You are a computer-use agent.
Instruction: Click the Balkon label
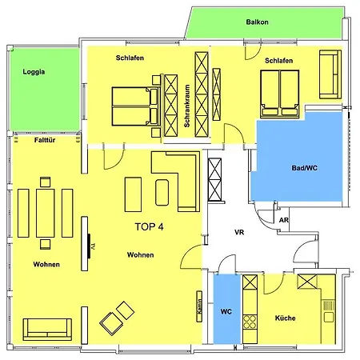point(257,23)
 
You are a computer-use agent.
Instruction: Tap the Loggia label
point(34,71)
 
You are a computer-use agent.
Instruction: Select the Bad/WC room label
point(305,168)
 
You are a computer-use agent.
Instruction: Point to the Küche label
point(285,318)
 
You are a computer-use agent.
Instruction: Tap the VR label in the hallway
point(238,233)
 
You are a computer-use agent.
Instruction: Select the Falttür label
point(45,139)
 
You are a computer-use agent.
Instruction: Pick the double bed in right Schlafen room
point(278,93)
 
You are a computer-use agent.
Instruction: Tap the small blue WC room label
point(226,310)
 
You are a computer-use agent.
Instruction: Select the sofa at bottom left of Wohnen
point(47,328)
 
